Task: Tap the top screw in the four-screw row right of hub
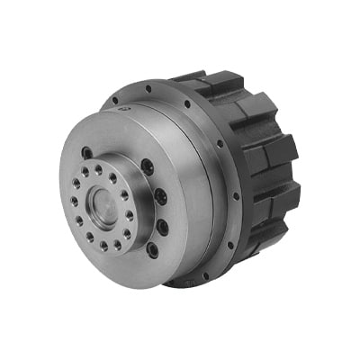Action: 147,167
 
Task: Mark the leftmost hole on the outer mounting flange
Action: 114,101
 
